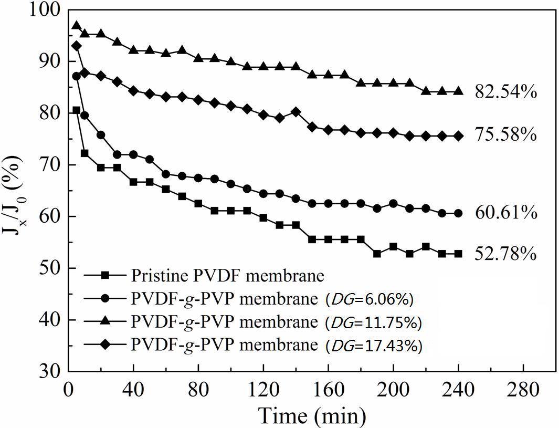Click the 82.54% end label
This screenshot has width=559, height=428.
click(505, 92)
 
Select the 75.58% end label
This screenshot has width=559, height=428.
click(505, 135)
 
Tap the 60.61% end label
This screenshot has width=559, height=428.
click(505, 213)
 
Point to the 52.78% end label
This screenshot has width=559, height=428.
click(505, 255)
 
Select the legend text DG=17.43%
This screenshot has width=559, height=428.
click(373, 346)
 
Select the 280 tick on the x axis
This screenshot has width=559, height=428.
click(525, 390)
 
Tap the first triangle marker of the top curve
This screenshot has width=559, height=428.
click(77, 26)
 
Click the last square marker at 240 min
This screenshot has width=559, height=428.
click(458, 254)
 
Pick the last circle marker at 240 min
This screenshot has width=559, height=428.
click(458, 213)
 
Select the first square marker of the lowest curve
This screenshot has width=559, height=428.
click(77, 110)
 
